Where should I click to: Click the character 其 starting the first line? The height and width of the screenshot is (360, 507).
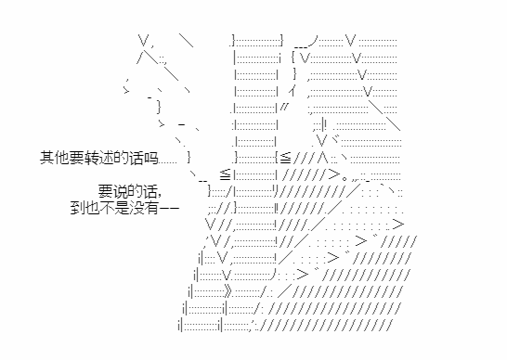(x=47, y=158)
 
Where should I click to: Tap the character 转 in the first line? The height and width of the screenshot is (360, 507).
(x=92, y=158)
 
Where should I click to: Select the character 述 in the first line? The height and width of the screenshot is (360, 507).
(x=107, y=158)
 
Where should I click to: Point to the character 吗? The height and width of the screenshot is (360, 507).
(x=151, y=158)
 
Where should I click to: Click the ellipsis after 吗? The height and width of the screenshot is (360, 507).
(x=168, y=162)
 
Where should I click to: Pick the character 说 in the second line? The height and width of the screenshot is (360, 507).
(x=121, y=191)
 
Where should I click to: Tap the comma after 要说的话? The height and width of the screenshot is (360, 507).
(x=159, y=196)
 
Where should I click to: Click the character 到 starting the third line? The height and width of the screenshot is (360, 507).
(x=78, y=208)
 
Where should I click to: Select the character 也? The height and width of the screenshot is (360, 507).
(x=93, y=208)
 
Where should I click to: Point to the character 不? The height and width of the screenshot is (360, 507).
(x=108, y=208)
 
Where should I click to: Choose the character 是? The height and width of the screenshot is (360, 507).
(x=123, y=208)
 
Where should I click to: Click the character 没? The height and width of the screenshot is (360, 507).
(x=137, y=208)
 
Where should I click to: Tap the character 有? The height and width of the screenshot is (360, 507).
(x=152, y=208)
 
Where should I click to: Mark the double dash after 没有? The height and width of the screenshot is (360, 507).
(x=170, y=208)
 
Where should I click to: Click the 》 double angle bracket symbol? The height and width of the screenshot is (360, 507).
(x=228, y=291)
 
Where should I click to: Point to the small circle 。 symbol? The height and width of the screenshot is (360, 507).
(x=344, y=178)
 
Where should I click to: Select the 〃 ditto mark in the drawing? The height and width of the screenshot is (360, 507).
(x=283, y=107)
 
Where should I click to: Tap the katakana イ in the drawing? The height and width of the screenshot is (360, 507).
(x=292, y=91)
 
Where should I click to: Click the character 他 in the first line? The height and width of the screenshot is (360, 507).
(x=62, y=158)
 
